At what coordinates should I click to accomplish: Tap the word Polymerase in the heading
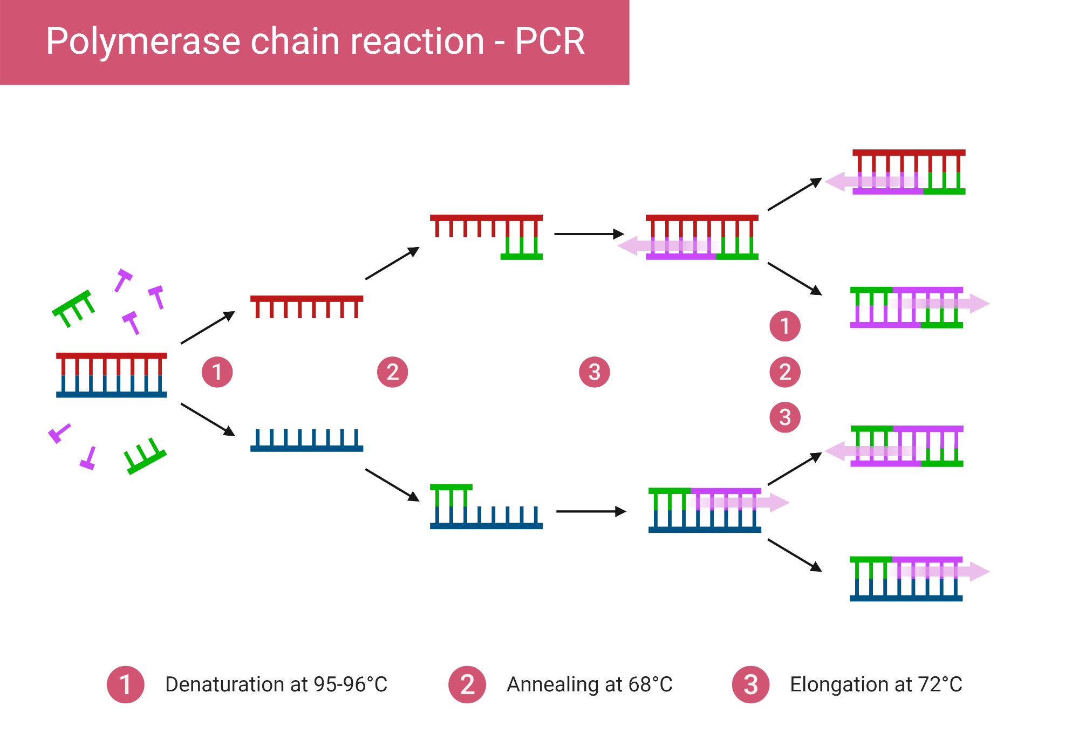[144, 43]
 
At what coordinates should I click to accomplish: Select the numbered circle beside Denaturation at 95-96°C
[126, 684]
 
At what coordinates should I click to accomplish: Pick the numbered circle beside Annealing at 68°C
[467, 684]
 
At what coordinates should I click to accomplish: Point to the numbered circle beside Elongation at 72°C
[750, 684]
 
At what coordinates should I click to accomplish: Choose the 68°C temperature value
[650, 684]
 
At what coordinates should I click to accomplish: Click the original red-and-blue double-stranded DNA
[112, 375]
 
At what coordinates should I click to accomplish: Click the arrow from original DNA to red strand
[208, 327]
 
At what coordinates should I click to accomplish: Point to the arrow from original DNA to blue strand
[208, 420]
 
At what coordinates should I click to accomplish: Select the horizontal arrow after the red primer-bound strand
[589, 234]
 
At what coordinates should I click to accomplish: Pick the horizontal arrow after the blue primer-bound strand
[591, 511]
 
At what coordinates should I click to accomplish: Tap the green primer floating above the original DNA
[73, 309]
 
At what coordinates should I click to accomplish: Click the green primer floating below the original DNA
[145, 456]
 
